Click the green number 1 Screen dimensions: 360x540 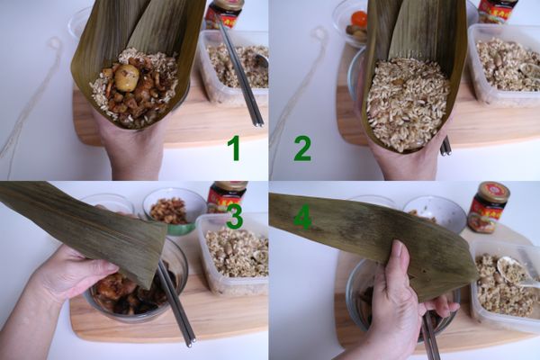[x=233, y=146]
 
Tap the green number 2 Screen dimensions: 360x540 [x=302, y=146]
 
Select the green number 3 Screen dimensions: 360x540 [x=234, y=216]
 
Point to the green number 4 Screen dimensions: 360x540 [x=302, y=216]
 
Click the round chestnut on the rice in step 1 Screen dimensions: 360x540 [x=126, y=78]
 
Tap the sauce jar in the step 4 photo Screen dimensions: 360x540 [x=488, y=207]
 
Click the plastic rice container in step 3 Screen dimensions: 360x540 [x=232, y=252]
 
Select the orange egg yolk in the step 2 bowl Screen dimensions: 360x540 [x=359, y=19]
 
